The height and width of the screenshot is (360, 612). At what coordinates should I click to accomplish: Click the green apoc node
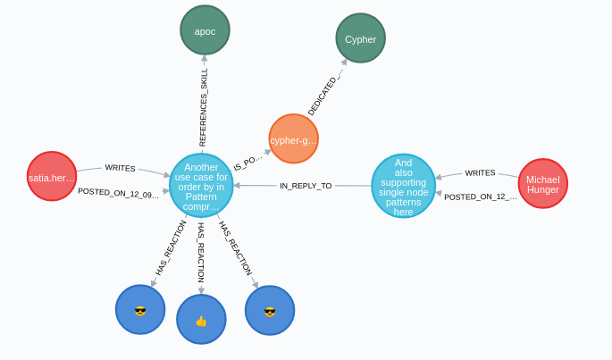pyautogui.click(x=205, y=30)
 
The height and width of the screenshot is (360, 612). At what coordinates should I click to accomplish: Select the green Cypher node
pyautogui.click(x=360, y=38)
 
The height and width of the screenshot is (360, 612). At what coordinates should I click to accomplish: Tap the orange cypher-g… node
pyautogui.click(x=293, y=139)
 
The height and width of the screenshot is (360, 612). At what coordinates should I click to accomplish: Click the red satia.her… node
pyautogui.click(x=52, y=177)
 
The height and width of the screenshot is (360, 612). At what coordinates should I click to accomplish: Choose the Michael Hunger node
pyautogui.click(x=542, y=184)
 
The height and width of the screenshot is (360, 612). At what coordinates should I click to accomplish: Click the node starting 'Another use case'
pyautogui.click(x=201, y=186)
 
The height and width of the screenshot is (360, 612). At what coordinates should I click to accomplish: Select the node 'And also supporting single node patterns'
pyautogui.click(x=403, y=186)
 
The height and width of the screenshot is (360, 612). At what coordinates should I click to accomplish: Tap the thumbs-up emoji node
pyautogui.click(x=201, y=320)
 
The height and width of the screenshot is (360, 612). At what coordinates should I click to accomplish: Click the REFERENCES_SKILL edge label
pyautogui.click(x=203, y=107)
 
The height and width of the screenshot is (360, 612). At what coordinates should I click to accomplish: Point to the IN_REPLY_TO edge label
pyautogui.click(x=305, y=186)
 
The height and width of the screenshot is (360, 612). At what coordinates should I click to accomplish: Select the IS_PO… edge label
pyautogui.click(x=247, y=162)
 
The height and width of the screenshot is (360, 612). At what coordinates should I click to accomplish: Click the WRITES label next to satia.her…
pyautogui.click(x=120, y=167)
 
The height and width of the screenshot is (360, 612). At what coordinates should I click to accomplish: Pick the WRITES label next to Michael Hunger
pyautogui.click(x=480, y=172)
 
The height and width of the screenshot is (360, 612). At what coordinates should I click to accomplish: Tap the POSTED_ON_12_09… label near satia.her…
pyautogui.click(x=118, y=192)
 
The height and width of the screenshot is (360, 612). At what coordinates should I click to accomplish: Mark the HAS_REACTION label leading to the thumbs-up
pyautogui.click(x=201, y=253)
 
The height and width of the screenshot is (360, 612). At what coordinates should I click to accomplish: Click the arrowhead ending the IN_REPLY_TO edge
pyautogui.click(x=238, y=186)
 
